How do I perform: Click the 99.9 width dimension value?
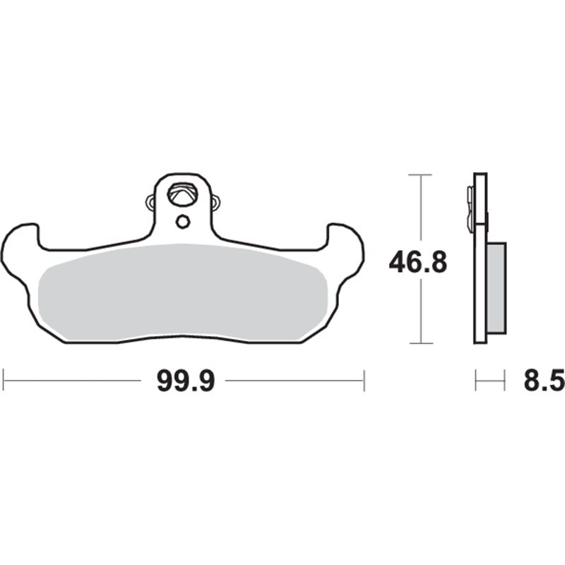coord(186,381)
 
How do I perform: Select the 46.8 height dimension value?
coord(418,262)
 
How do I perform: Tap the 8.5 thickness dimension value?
coord(544,381)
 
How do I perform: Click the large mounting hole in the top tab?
coord(182,195)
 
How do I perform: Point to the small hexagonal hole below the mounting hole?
coord(183,222)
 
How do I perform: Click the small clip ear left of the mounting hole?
coord(150,202)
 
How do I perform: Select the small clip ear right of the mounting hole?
coord(215,202)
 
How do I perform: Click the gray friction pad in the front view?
coord(183,292)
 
